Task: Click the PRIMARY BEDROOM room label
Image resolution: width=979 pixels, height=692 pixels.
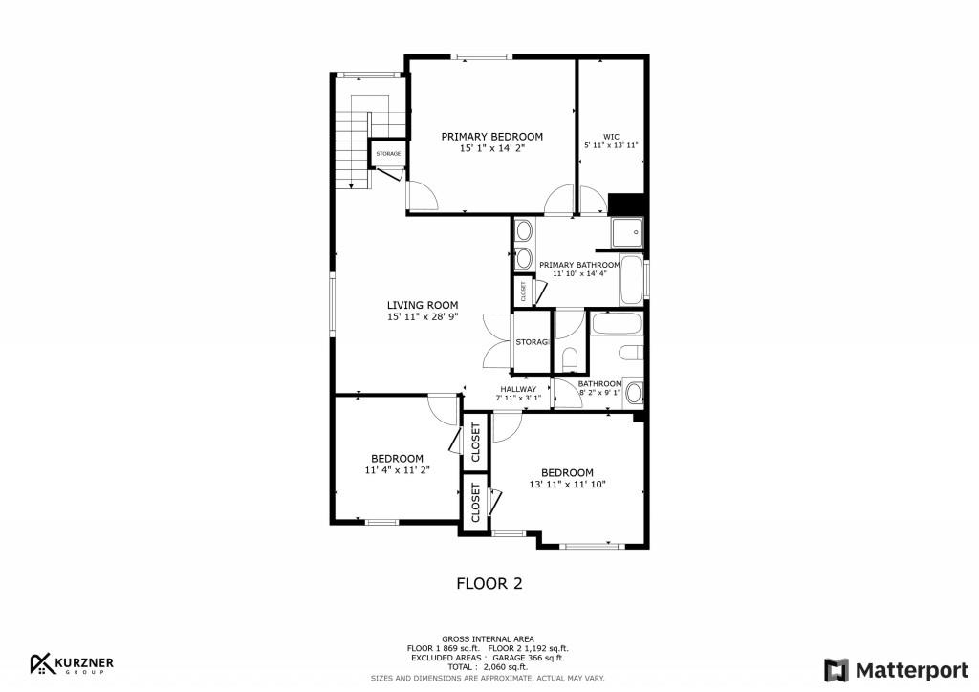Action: (492, 137)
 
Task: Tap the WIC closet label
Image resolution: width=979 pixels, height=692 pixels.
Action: (611, 137)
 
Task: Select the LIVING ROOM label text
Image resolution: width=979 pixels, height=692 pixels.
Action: (423, 305)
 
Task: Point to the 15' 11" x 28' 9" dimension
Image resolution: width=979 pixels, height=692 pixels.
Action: (423, 317)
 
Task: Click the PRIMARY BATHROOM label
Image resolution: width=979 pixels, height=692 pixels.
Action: (579, 265)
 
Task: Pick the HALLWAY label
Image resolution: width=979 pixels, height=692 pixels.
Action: (518, 389)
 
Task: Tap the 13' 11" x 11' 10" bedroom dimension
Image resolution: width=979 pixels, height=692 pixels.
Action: (568, 485)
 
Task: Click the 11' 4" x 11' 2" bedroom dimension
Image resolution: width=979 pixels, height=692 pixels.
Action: (397, 470)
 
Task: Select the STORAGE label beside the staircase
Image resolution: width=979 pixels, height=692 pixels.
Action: (388, 154)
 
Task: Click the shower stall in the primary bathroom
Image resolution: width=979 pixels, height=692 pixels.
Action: (627, 233)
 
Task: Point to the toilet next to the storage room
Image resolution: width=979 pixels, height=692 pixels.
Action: (570, 358)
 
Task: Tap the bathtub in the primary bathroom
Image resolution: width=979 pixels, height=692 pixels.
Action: (631, 279)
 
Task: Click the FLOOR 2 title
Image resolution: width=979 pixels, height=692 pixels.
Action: (489, 583)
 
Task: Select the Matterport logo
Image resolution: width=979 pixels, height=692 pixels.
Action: (896, 670)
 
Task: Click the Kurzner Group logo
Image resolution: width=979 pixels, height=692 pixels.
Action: (72, 664)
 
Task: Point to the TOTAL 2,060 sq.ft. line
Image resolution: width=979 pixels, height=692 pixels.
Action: (489, 667)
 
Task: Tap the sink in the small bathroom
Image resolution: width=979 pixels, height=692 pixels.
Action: (634, 393)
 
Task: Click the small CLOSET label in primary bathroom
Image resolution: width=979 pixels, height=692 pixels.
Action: (523, 291)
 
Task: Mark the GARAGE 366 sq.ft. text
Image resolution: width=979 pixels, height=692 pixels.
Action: (529, 658)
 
